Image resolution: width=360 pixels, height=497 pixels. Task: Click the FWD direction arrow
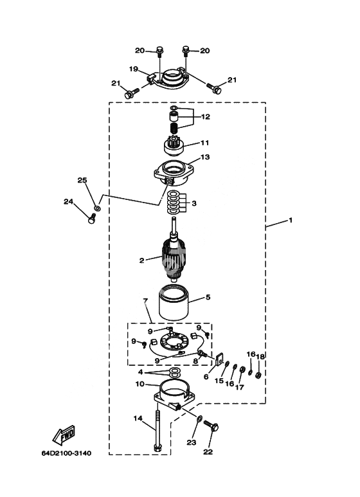tap(64, 435)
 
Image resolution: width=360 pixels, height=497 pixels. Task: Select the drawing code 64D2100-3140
tap(66, 453)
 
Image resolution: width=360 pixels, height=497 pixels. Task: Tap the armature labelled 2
tap(174, 257)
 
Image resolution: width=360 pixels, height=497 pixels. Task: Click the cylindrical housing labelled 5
tap(174, 303)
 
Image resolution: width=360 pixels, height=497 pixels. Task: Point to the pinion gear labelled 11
tap(174, 147)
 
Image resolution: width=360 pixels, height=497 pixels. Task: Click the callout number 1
tap(291, 220)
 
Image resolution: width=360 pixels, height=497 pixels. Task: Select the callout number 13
tap(205, 157)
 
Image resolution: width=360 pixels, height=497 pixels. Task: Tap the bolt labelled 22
tap(212, 426)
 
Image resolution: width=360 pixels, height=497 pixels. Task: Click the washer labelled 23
tap(199, 419)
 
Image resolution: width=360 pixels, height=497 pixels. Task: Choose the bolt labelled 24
tap(91, 219)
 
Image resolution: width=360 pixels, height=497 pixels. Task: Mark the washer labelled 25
tap(98, 208)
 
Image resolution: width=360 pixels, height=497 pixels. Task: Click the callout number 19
tap(134, 69)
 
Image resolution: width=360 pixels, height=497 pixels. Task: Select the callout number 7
tap(145, 301)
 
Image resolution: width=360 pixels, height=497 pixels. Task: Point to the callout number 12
tap(205, 116)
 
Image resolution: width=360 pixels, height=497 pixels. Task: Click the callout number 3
tap(194, 203)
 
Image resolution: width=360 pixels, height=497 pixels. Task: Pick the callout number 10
tap(139, 384)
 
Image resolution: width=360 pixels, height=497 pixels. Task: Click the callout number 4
tap(140, 372)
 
